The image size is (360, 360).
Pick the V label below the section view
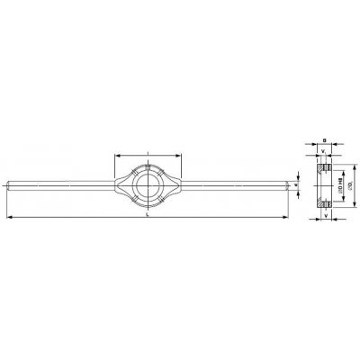pos(325,215)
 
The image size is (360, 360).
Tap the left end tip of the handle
pos(5,186)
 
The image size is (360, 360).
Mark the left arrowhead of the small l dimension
pos(117,155)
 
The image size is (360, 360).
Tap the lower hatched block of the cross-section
pos(326,204)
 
